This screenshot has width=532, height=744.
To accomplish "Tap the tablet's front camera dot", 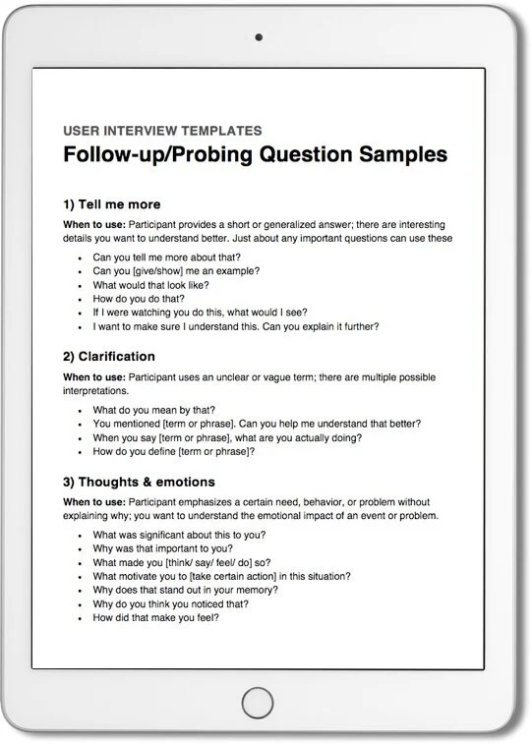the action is (260, 37).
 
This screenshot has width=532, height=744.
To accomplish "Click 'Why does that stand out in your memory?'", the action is (185, 590).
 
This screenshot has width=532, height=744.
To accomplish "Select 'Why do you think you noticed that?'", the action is (170, 603).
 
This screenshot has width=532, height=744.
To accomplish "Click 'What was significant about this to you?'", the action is (179, 535).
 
